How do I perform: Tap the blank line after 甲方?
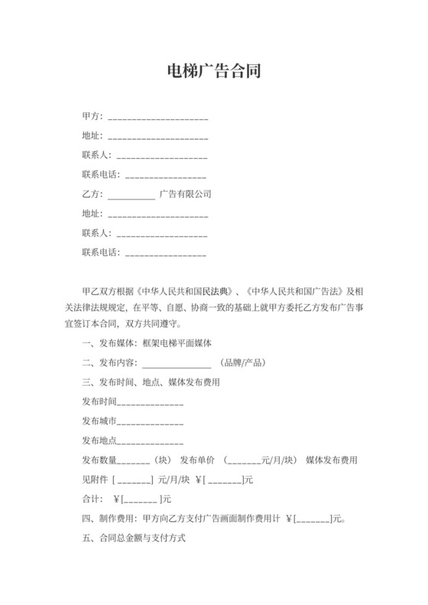[158, 119]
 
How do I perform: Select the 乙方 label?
[90, 194]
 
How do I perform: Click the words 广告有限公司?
[185, 194]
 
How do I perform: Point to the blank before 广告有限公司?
[131, 196]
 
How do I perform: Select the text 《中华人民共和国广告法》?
[291, 293]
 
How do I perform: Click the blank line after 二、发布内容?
[177, 364]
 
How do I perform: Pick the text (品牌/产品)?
[243, 363]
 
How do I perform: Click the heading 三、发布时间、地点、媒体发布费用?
[151, 382]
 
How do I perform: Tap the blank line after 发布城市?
[150, 422]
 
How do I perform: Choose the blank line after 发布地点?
[150, 442]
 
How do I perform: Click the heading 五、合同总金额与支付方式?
[133, 539]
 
